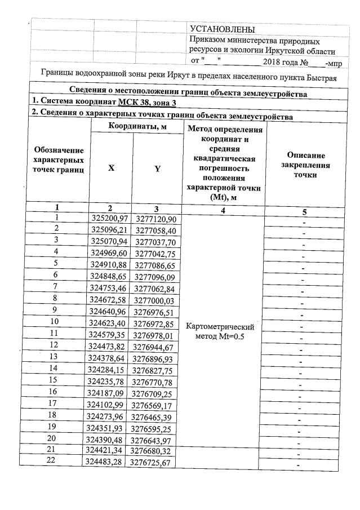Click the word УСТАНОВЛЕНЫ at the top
tap(223, 29)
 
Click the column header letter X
tap(111, 168)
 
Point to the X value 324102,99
tap(110, 403)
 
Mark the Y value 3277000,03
tap(154, 299)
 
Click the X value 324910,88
tap(110, 263)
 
